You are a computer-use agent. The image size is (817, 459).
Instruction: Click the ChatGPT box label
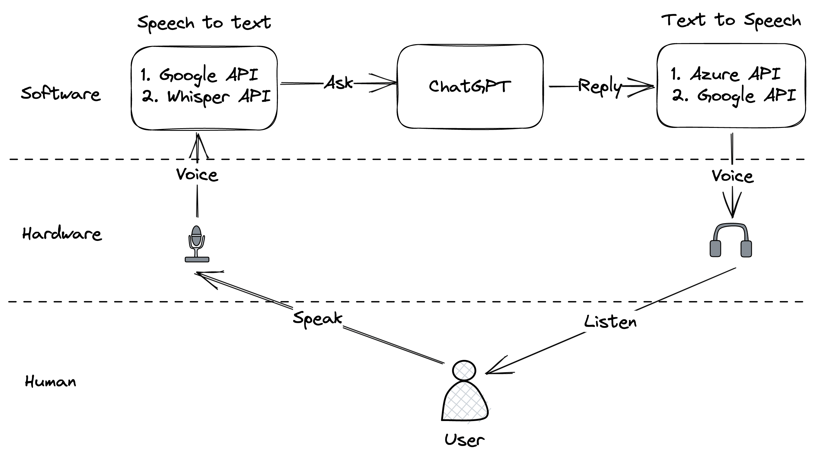coord(469,86)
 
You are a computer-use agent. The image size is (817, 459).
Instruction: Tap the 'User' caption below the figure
coord(464,440)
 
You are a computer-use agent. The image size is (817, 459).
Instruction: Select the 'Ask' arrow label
coord(338,83)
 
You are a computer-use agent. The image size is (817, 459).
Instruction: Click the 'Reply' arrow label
coord(599,86)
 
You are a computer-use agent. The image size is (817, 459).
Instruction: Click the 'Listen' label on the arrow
coord(610,322)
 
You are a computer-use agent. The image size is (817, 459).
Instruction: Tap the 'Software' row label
coord(60,94)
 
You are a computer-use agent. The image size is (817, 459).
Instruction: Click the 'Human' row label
coord(50,381)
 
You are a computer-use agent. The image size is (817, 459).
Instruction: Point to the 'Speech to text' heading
coord(204,23)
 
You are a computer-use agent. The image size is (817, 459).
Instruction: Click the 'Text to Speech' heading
coord(731,21)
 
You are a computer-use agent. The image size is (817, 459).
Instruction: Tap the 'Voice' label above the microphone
coord(197,174)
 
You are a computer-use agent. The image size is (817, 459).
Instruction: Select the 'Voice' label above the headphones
coord(732,176)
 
